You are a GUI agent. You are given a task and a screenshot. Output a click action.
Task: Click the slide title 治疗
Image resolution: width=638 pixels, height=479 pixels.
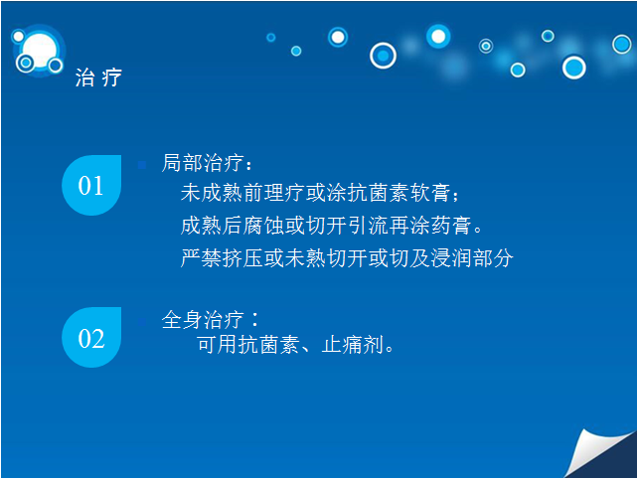click(98, 78)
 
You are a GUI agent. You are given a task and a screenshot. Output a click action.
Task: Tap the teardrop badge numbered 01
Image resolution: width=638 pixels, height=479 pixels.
click(91, 185)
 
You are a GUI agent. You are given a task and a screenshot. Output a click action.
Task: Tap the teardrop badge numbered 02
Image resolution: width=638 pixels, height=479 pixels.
click(91, 337)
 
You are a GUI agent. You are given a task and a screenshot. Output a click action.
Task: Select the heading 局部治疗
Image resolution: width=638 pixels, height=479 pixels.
click(203, 163)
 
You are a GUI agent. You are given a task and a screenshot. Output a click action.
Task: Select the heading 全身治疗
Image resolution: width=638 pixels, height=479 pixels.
click(203, 319)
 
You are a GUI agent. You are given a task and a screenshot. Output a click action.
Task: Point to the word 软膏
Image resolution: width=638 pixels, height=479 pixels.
click(430, 193)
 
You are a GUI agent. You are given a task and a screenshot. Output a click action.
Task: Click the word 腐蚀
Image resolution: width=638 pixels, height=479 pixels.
click(263, 226)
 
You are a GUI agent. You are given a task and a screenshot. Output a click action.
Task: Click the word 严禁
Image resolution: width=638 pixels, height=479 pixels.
click(201, 258)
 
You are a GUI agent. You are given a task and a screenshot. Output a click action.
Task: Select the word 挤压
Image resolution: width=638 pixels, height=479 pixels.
click(242, 258)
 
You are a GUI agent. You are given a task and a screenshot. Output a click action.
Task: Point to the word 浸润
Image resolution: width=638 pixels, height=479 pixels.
click(451, 258)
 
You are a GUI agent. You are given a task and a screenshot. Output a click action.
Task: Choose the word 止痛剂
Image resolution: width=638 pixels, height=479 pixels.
click(353, 345)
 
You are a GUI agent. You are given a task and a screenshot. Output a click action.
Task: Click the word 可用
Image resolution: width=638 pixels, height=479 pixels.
click(217, 345)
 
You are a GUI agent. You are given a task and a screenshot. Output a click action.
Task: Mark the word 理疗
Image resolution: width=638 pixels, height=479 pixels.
click(284, 193)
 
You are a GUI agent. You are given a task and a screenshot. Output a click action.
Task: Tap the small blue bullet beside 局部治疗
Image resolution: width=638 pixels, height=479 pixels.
click(142, 165)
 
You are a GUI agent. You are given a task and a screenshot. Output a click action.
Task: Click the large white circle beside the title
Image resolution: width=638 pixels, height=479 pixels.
click(40, 51)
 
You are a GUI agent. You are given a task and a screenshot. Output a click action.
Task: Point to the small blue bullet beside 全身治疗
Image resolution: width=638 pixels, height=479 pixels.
click(142, 322)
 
